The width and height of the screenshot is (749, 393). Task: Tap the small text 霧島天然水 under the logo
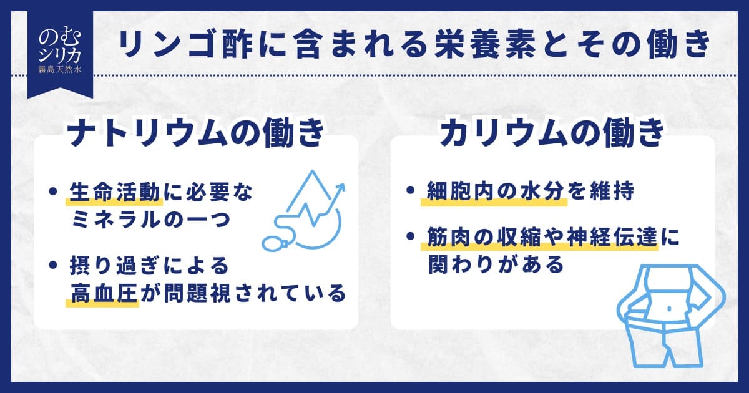(x=60, y=70)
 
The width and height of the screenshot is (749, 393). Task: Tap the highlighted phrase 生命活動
(x=115, y=192)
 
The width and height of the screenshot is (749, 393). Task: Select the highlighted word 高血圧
(x=104, y=293)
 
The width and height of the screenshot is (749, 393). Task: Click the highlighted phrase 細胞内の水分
(x=496, y=192)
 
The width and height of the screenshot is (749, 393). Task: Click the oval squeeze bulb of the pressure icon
(x=273, y=244)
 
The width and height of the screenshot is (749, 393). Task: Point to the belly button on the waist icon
(x=668, y=308)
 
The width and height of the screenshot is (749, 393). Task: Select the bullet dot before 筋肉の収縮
(x=410, y=236)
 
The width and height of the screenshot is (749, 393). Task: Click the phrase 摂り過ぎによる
(x=149, y=266)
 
